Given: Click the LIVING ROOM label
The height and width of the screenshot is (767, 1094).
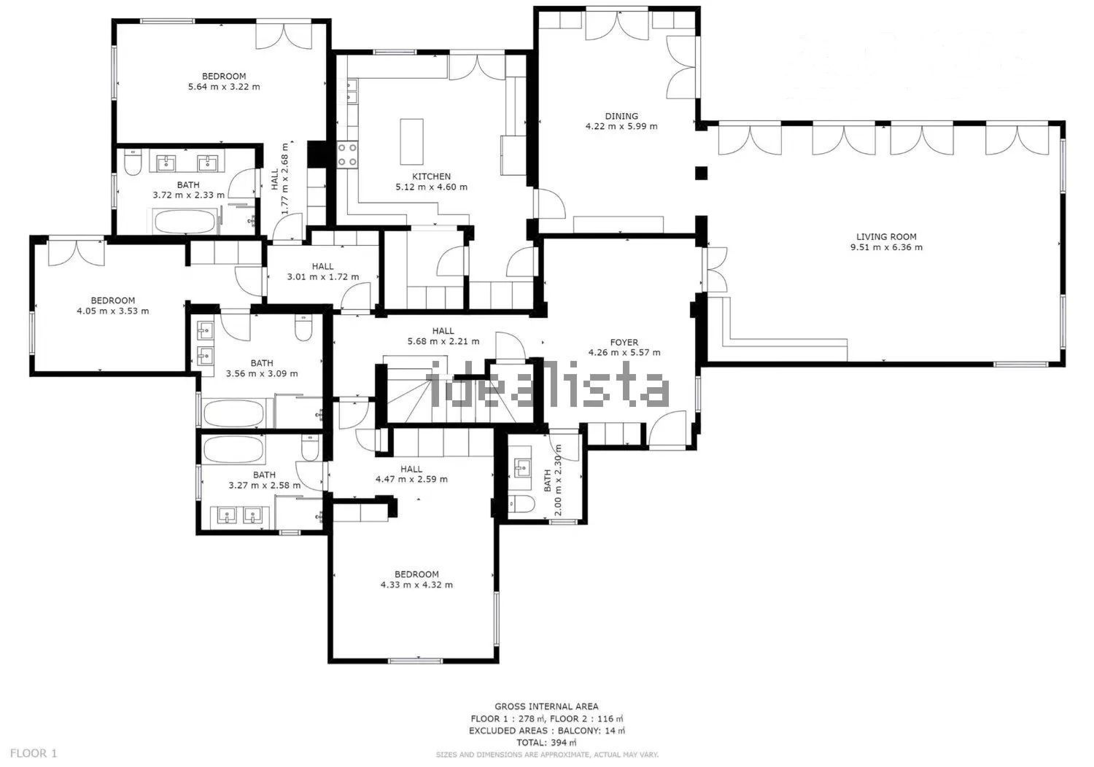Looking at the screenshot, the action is [886, 237].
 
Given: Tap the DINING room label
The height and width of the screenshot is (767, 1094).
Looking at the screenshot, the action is [621, 116].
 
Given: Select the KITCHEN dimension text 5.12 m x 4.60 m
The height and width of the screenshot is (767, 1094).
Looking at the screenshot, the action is [431, 187].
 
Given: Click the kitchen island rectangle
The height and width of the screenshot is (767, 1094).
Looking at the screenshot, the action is [412, 141].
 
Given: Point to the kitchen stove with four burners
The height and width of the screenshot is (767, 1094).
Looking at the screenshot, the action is [346, 155].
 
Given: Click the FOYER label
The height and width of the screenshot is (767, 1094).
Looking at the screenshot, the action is [624, 342].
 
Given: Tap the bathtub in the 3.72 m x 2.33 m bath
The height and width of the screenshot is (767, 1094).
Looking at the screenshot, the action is [184, 222].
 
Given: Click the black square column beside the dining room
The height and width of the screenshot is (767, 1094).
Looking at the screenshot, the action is [702, 173].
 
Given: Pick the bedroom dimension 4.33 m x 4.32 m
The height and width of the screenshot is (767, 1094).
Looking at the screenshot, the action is [416, 585].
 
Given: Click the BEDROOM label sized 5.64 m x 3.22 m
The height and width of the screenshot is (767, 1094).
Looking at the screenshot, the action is [224, 76].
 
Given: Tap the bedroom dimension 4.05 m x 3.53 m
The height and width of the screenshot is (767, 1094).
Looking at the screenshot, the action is [113, 311].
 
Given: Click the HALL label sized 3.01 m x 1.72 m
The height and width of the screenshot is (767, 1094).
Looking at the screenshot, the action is [323, 266].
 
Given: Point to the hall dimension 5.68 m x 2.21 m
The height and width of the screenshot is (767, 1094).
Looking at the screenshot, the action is [443, 341].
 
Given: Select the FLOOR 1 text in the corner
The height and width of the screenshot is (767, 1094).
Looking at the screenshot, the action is [34, 753].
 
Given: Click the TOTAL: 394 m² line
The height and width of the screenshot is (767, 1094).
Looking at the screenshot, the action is [546, 743].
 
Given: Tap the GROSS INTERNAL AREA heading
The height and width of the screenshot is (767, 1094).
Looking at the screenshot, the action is [546, 706].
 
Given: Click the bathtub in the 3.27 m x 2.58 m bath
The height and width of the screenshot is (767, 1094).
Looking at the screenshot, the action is [233, 449].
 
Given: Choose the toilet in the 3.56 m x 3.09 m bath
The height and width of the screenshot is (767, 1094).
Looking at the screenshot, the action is [303, 328].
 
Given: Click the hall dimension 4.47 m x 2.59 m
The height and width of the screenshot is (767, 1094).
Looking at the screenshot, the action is [411, 480].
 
